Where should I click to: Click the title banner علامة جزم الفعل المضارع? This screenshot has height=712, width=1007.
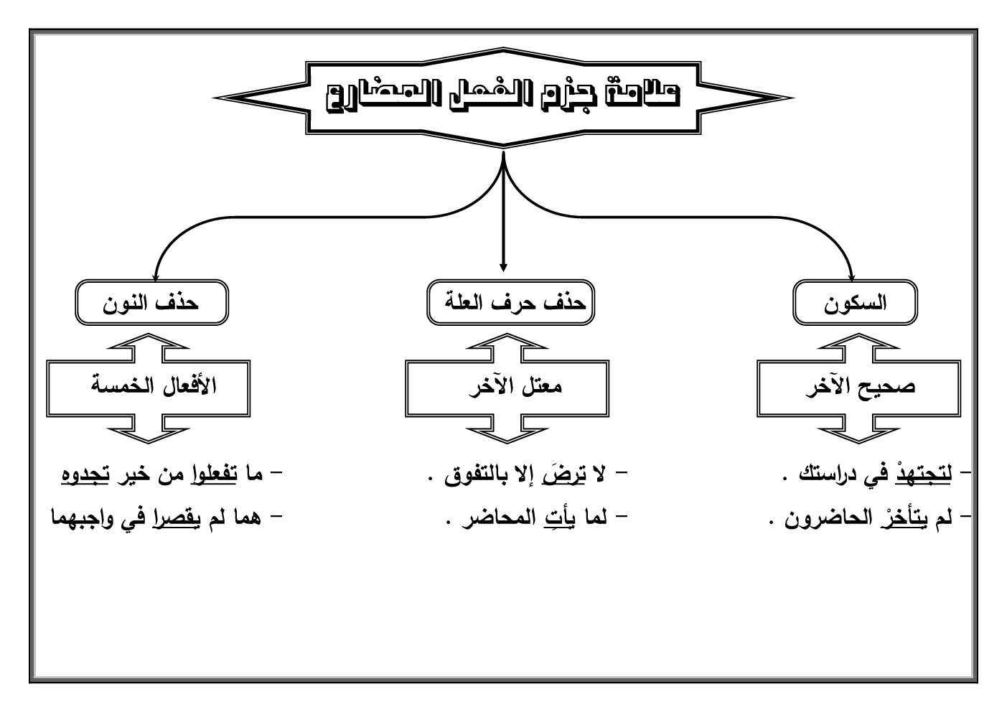pyautogui.click(x=502, y=97)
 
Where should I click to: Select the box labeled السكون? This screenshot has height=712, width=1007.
pyautogui.click(x=856, y=304)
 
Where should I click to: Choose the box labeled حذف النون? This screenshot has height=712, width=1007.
pyautogui.click(x=151, y=304)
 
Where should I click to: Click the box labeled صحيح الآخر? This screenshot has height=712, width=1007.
pyautogui.click(x=859, y=388)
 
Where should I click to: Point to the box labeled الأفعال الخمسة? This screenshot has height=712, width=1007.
pyautogui.click(x=149, y=388)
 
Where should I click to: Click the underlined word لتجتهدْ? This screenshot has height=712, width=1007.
pyautogui.click(x=926, y=475)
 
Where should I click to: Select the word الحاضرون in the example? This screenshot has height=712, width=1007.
pyautogui.click(x=823, y=518)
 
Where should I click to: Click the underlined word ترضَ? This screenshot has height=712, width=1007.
pyautogui.click(x=568, y=475)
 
